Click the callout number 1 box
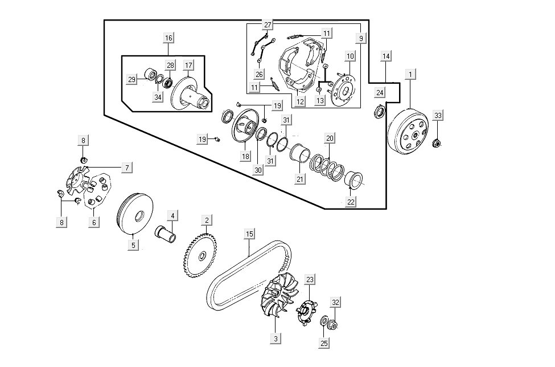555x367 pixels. pyautogui.click(x=409, y=74)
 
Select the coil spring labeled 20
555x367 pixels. pyautogui.click(x=327, y=166)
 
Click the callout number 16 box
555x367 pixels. pyautogui.click(x=168, y=38)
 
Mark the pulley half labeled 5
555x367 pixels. pyautogui.click(x=133, y=215)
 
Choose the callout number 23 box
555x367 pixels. pyautogui.click(x=310, y=280)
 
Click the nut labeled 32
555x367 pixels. pyautogui.click(x=334, y=326)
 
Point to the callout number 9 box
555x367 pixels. pyautogui.click(x=361, y=38)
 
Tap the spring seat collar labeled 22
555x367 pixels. pyautogui.click(x=354, y=180)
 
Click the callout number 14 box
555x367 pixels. pyautogui.click(x=386, y=56)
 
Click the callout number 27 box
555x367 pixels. pyautogui.click(x=268, y=25)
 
